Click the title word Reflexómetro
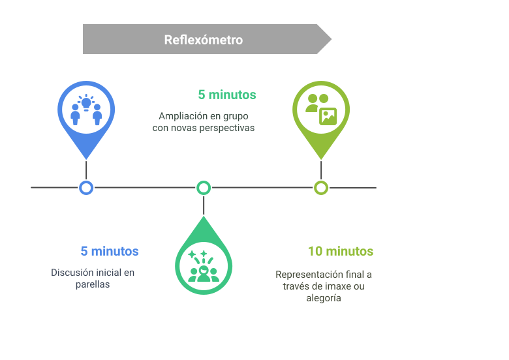tap(203, 40)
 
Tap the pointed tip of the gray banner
tap(330, 39)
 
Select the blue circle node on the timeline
tap(86, 188)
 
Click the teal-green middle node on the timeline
tap(204, 188)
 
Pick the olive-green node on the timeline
tap(321, 188)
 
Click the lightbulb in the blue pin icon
tap(86, 102)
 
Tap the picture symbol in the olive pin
tap(328, 116)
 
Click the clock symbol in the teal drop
tap(204, 269)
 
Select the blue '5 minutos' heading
tap(109, 252)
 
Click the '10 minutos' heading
tap(340, 252)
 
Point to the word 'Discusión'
tap(72, 272)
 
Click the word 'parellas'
tap(92, 284)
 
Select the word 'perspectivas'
tap(228, 128)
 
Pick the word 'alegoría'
tap(324, 298)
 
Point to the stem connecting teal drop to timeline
tap(204, 205)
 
